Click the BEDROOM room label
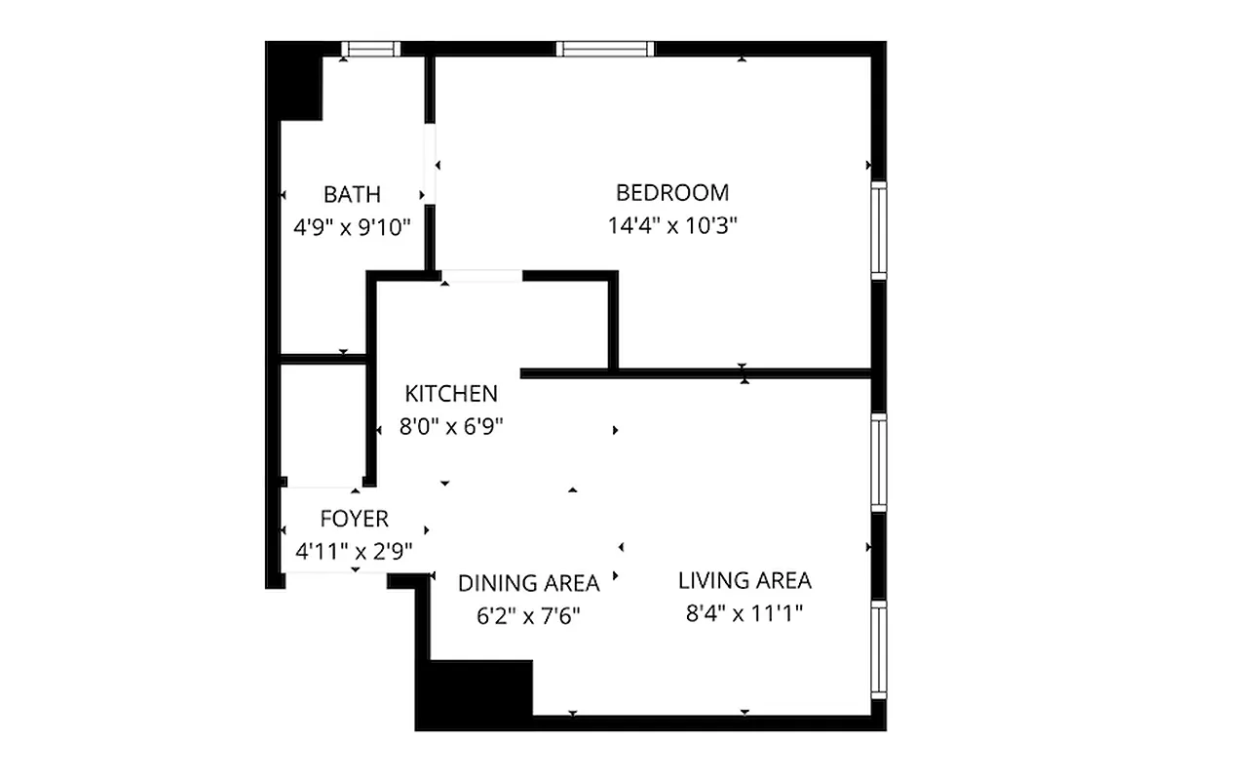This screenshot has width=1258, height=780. [x=671, y=192]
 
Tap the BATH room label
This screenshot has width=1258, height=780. [x=352, y=194]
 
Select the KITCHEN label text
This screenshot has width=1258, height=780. [x=451, y=394]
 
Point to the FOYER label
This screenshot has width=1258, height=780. [x=354, y=519]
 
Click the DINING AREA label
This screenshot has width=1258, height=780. [x=528, y=583]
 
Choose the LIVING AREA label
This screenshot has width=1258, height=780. [x=744, y=581]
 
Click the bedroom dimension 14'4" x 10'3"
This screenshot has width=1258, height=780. [x=671, y=226]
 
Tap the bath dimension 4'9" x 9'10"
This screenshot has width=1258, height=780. [x=352, y=228]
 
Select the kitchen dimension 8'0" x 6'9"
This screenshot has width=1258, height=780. [x=451, y=426]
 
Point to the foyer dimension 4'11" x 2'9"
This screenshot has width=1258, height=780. [x=354, y=552]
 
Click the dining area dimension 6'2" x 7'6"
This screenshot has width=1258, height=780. [x=528, y=616]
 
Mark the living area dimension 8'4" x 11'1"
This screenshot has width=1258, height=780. [x=744, y=614]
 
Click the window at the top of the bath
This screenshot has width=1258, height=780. [x=371, y=49]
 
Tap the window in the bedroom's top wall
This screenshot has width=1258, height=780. [x=605, y=49]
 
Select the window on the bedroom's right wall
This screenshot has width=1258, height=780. [x=879, y=230]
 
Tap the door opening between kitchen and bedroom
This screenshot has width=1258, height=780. [x=482, y=277]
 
